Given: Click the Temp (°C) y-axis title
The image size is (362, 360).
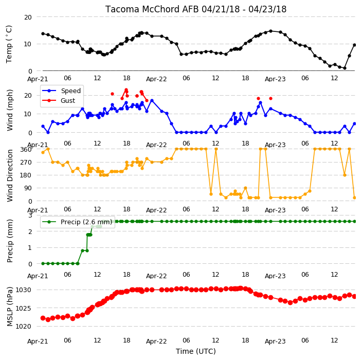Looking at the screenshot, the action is click(9, 44).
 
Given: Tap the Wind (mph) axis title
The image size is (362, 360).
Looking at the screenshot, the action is click(10, 110).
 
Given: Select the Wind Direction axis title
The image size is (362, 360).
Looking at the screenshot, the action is click(10, 175).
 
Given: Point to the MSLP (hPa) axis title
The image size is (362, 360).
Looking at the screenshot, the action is click(10, 307).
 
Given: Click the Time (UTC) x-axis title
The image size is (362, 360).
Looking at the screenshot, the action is click(196, 351).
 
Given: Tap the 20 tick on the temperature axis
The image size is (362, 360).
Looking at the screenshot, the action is click(28, 17).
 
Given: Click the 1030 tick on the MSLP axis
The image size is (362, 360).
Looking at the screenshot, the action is click(23, 290).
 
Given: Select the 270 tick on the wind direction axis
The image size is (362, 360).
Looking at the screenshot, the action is click(26, 163).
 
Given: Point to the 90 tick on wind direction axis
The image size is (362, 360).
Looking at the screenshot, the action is click(28, 188).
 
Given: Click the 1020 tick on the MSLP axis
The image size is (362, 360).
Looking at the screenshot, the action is click(23, 326).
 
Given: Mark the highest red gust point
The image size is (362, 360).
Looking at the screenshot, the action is click(126, 89).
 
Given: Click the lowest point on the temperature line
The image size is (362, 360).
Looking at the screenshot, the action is click(345, 68).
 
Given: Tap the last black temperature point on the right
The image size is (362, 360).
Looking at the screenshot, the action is click(355, 45).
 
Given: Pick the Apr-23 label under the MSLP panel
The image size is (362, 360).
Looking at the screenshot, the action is click(275, 341).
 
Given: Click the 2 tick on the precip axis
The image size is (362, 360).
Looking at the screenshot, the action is click(30, 231).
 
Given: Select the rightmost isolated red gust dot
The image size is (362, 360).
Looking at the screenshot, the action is click(271, 99).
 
